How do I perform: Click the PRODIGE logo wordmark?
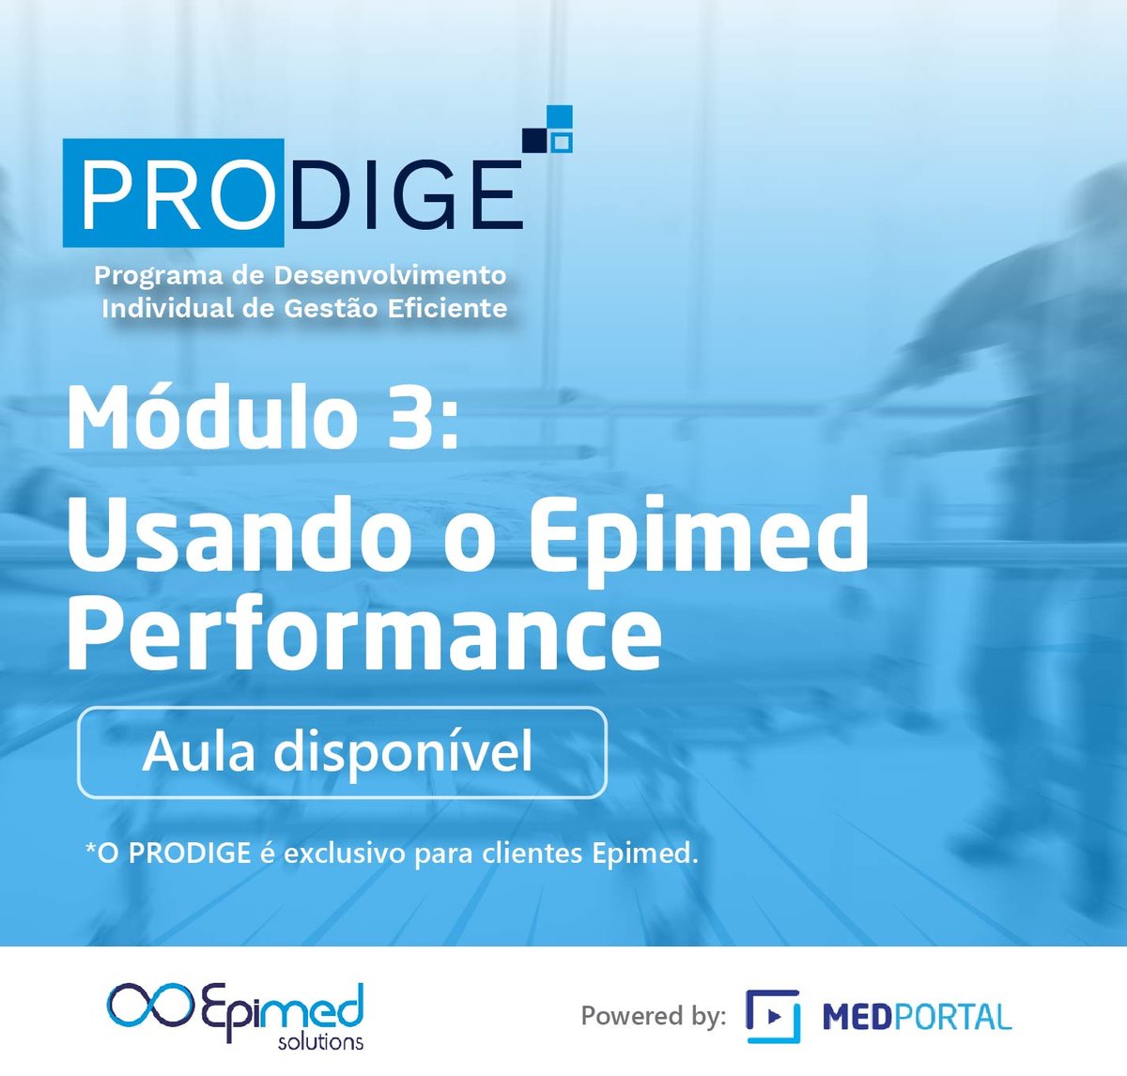tap(293, 194)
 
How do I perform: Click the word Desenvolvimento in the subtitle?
tap(390, 276)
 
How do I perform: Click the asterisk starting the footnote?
tap(91, 849)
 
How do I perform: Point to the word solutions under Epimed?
tap(320, 1041)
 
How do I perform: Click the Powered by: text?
tap(653, 1016)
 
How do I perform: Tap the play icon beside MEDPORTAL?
tap(773, 1016)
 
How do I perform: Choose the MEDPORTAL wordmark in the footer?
tap(917, 1017)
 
